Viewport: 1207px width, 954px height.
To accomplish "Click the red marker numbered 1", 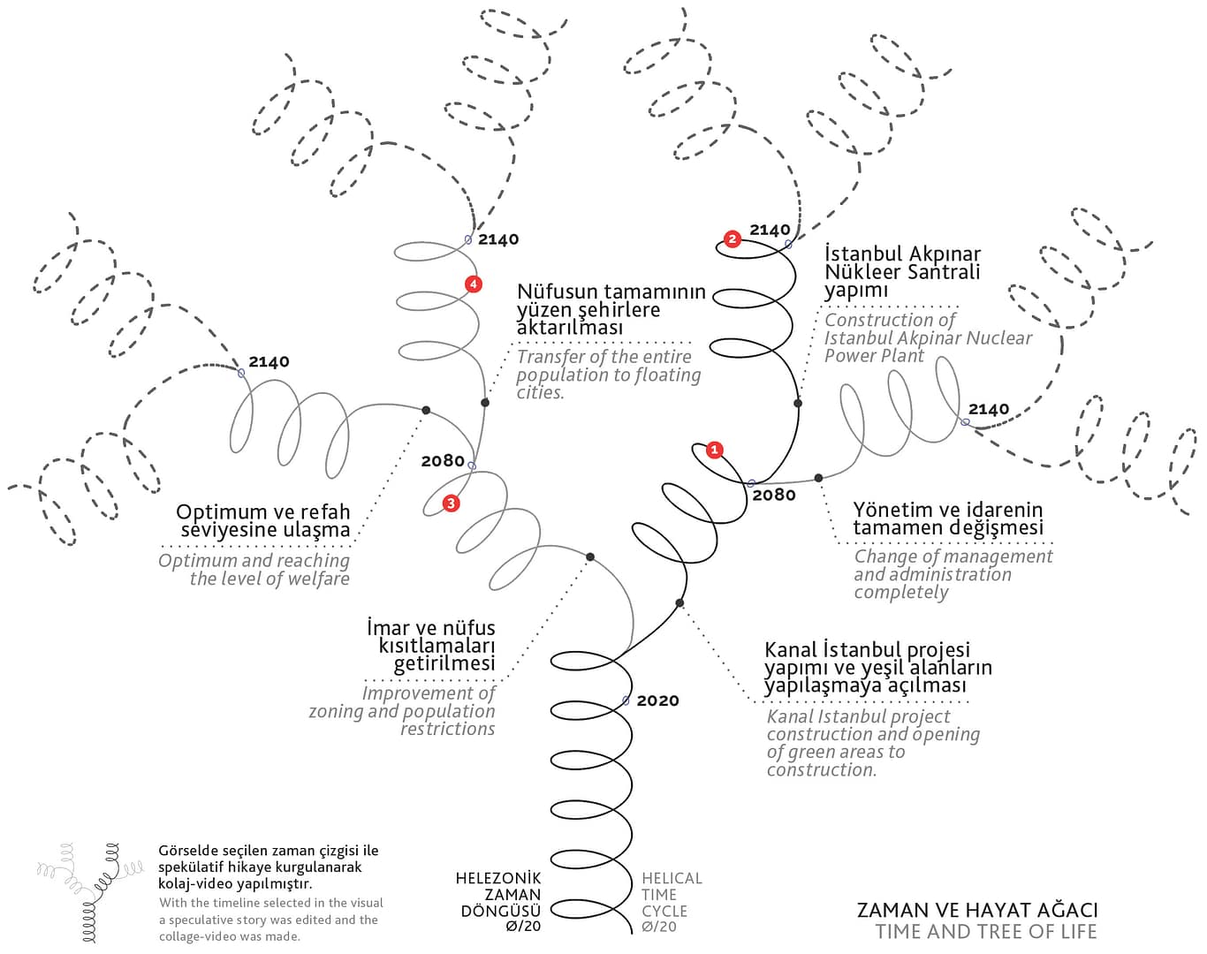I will (715, 450).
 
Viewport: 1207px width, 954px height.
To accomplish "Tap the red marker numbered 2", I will (732, 238).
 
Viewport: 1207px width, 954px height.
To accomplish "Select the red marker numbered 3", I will (451, 503).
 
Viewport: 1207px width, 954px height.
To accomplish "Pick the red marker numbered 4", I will (474, 284).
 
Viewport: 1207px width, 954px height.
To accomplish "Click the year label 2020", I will (657, 700).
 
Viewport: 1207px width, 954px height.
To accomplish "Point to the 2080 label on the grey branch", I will (443, 460).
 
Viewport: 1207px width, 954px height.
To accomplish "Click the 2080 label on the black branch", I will (774, 495).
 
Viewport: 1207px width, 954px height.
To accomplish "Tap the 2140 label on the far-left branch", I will (269, 361).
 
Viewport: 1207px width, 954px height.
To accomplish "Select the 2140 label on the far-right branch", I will (989, 409).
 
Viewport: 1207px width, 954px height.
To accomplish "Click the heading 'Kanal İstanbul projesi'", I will (867, 650).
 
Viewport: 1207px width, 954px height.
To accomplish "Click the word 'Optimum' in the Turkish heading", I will (220, 512).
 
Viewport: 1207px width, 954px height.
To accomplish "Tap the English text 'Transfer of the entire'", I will (604, 357).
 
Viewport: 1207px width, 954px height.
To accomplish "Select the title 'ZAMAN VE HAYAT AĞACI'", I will (977, 910).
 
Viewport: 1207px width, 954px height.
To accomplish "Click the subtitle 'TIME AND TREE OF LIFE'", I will (986, 931).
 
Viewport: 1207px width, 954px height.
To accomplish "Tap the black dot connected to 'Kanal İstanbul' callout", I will (679, 603).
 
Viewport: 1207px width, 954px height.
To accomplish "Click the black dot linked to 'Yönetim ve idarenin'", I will (818, 478).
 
